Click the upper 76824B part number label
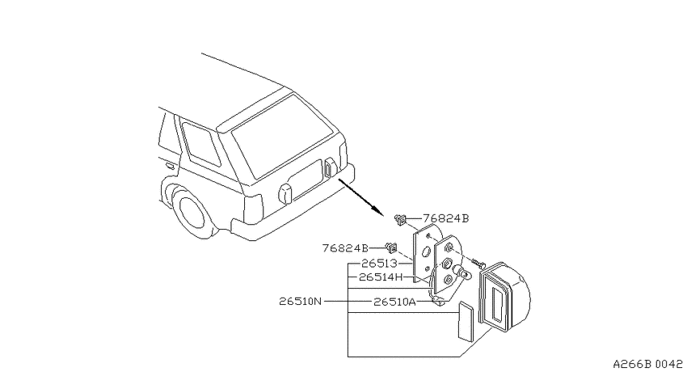(445, 218)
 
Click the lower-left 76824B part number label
(345, 248)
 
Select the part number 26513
(379, 264)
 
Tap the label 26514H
(381, 277)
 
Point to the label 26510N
(301, 302)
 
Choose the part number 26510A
(394, 302)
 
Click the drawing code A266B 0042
(647, 364)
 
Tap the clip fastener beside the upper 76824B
(400, 219)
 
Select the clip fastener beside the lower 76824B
(391, 247)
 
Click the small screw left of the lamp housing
(478, 264)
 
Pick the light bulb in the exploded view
(462, 272)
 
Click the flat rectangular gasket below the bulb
(466, 320)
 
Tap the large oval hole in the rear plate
(426, 252)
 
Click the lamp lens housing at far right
(505, 295)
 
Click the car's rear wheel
(190, 215)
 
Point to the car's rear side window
(200, 144)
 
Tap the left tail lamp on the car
(285, 194)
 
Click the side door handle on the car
(170, 166)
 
